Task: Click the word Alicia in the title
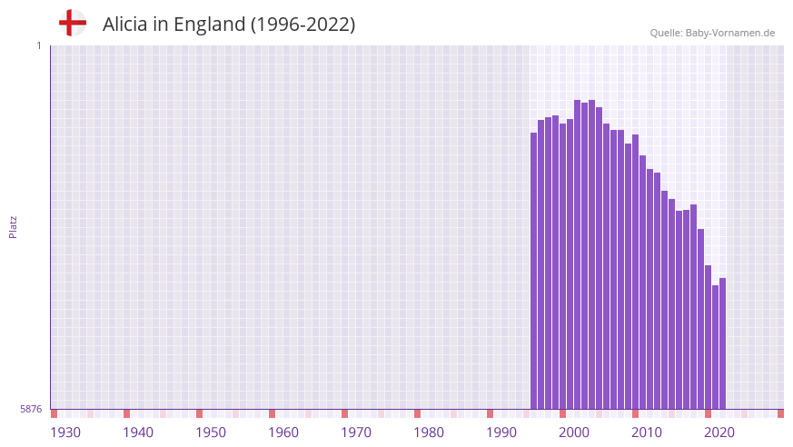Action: (125, 25)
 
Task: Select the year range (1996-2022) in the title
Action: (302, 25)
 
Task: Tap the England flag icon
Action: (73, 23)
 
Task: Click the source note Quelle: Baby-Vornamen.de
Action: (712, 33)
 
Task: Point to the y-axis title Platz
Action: (13, 226)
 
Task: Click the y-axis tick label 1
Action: (38, 45)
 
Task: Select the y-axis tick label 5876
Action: (31, 409)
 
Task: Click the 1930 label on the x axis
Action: (65, 432)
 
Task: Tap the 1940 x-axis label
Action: (138, 432)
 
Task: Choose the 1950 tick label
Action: (211, 432)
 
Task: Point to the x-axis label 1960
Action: (283, 432)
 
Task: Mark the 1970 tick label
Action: (356, 432)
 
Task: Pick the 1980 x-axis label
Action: (429, 432)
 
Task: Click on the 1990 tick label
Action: (501, 432)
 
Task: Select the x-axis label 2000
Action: (574, 432)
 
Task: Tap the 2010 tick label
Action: (647, 432)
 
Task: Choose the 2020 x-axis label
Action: (719, 432)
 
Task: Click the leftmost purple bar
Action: (534, 273)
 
